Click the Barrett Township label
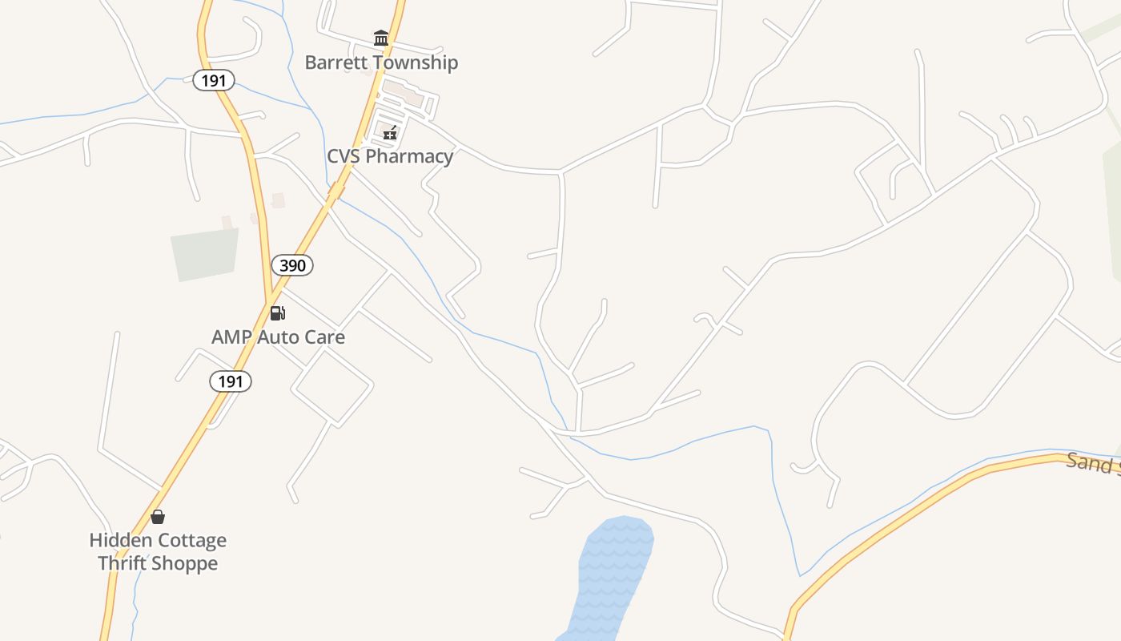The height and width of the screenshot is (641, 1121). pos(381,62)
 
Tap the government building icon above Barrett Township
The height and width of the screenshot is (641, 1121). pos(381,38)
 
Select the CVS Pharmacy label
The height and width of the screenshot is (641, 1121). pos(390,156)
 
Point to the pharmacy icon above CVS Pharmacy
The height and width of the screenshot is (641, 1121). pos(390,132)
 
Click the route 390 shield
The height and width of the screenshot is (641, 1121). pos(292,265)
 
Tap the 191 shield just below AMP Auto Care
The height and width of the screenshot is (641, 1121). pos(231,381)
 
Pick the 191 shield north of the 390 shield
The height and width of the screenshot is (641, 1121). pos(214,80)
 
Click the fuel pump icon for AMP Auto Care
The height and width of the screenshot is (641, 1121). pos(277,312)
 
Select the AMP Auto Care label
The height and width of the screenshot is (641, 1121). pos(278,337)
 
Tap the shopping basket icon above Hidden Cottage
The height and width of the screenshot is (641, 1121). pos(158,517)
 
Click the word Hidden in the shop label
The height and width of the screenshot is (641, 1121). pos(118,541)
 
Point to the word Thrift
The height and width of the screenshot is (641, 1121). pos(122,563)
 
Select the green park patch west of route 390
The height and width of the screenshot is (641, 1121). pos(205,254)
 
